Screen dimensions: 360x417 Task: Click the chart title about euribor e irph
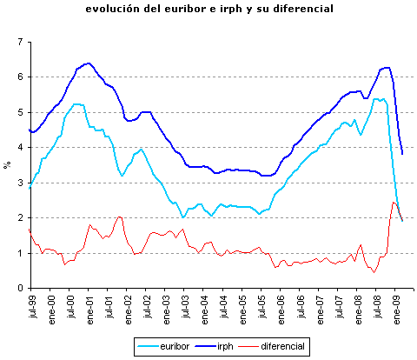(x=208, y=10)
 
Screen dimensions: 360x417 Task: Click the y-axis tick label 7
(x=20, y=42)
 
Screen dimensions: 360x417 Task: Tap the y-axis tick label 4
(x=20, y=148)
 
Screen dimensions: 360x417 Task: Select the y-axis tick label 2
(x=20, y=218)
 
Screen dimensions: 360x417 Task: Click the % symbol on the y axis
(x=7, y=163)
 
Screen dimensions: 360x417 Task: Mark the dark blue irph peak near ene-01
(x=89, y=63)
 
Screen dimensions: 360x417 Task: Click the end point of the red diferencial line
(x=402, y=221)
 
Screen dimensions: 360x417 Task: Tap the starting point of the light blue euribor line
(x=30, y=188)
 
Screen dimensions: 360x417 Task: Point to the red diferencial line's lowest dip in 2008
(x=374, y=272)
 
